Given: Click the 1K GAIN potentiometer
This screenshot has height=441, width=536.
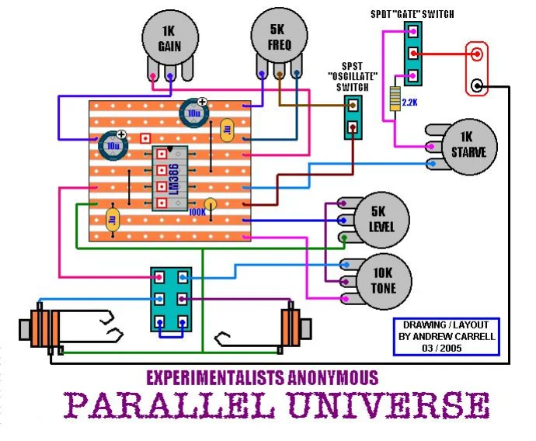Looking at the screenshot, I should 169,39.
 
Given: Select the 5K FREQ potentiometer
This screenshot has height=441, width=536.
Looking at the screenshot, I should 279,38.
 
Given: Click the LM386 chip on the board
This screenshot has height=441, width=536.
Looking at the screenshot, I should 173,178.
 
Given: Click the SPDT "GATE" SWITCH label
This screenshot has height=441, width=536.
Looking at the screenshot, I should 412,14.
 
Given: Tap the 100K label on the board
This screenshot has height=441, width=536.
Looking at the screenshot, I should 197,210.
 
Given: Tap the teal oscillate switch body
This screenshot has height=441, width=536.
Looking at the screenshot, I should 354,117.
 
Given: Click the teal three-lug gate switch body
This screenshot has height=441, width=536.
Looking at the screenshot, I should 413,54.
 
